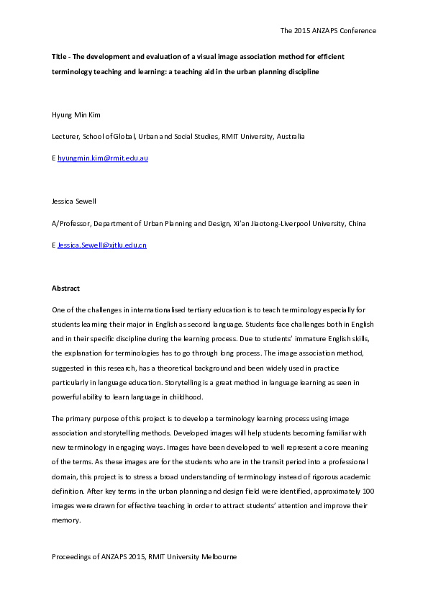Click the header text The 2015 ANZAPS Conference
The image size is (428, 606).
(x=327, y=31)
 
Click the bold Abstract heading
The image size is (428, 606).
(x=65, y=288)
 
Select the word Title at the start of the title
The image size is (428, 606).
(x=60, y=55)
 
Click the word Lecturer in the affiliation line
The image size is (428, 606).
(x=67, y=136)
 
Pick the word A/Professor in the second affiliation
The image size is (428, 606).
(x=70, y=223)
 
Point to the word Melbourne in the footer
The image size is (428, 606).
(x=218, y=557)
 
